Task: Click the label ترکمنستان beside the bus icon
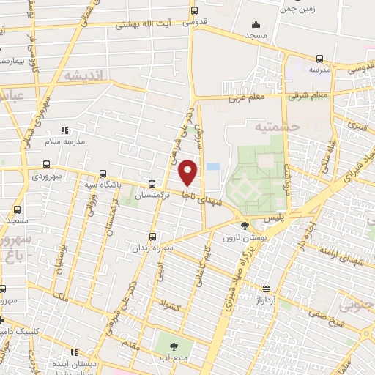click(154, 196)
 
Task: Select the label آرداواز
click(264, 300)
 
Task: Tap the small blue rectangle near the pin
click(213, 167)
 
